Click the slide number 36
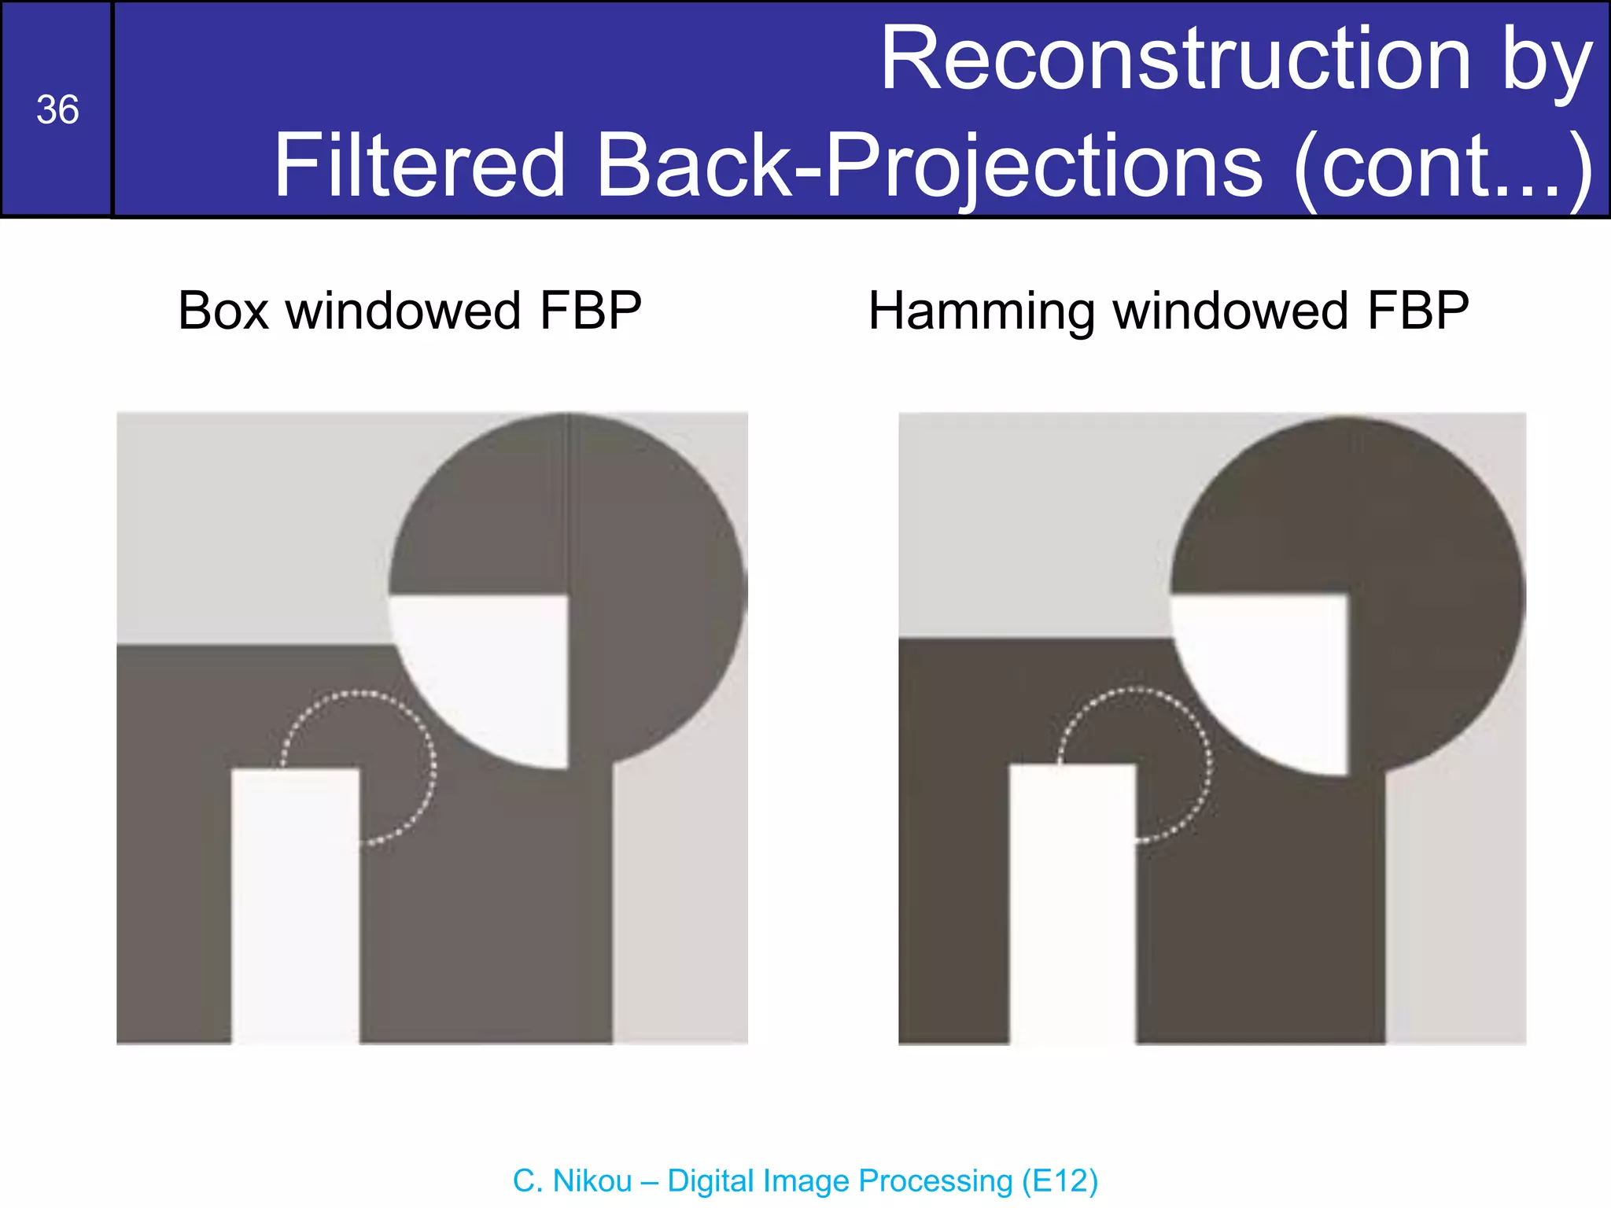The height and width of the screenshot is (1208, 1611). [x=57, y=110]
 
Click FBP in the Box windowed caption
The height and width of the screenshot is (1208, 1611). [x=590, y=311]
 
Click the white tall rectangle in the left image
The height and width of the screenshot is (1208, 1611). [x=296, y=904]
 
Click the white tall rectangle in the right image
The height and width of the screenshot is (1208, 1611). [x=1072, y=904]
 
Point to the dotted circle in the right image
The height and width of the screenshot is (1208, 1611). [x=1210, y=763]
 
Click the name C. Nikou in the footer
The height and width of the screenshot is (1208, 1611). [x=572, y=1181]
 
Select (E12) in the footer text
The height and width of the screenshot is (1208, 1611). [x=1060, y=1181]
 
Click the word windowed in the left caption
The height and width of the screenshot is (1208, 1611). [x=403, y=311]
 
